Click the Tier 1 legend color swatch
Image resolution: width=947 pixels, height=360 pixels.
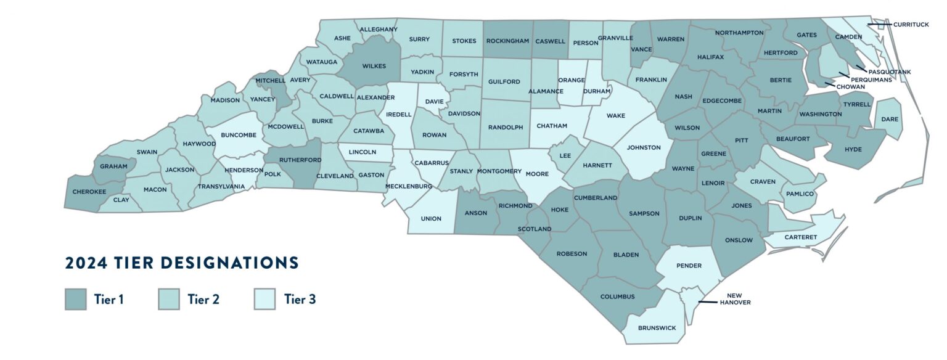point(75,300)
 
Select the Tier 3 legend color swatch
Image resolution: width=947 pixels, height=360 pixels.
point(264,300)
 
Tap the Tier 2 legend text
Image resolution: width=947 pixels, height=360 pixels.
point(203,300)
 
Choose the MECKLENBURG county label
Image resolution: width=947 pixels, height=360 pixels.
point(409,186)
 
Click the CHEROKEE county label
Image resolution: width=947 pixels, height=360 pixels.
point(89,192)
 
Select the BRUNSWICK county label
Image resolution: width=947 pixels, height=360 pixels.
point(657,328)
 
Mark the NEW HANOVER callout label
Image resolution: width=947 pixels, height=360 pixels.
point(735,299)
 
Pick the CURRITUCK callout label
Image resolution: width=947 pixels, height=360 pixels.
point(911,25)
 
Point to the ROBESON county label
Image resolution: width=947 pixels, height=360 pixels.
point(572,253)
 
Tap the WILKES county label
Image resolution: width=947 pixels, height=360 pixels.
point(374,66)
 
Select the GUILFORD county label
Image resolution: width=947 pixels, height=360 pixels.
point(504,81)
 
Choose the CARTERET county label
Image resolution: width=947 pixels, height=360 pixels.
point(801,237)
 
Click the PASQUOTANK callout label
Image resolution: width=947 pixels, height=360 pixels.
point(889,72)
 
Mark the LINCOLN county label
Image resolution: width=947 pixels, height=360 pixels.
point(362,152)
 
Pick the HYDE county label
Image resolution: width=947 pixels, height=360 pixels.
point(853,149)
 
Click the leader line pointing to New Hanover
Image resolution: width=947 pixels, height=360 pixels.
point(708,302)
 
